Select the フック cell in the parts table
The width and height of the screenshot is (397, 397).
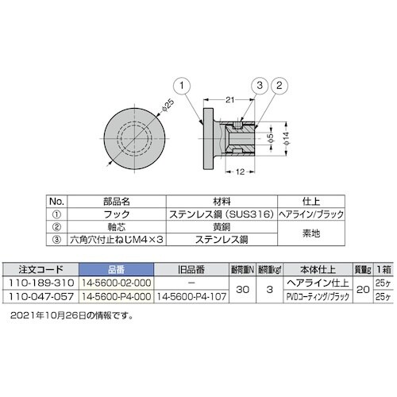pyautogui.click(x=118, y=212)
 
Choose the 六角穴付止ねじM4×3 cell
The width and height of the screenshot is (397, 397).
pyautogui.click(x=118, y=237)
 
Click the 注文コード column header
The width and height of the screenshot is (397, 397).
pyautogui.click(x=37, y=268)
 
